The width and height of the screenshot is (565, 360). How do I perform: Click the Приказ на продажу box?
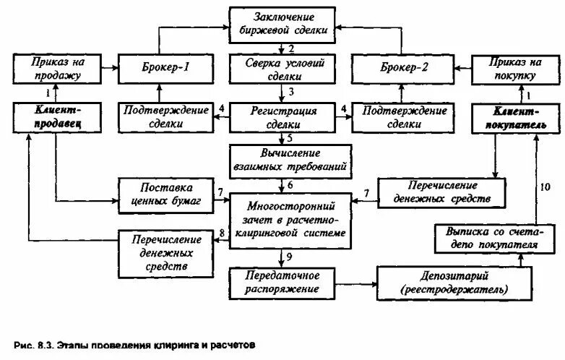[x=55, y=68]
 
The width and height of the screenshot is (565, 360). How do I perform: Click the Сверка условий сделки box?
[x=282, y=69]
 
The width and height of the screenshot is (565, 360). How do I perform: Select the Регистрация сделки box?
[x=282, y=116]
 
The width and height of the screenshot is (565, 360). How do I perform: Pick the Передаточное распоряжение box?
[x=282, y=282]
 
